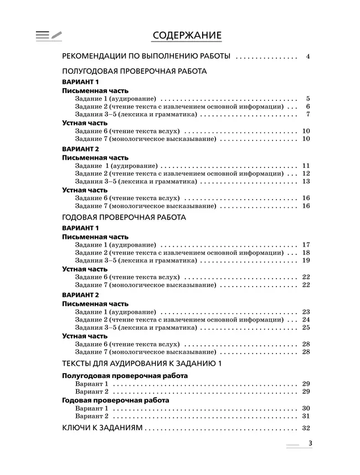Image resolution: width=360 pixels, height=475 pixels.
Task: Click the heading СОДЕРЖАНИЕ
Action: [186, 36]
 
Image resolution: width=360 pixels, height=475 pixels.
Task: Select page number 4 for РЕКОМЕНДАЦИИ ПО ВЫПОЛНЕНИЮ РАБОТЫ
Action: [307, 57]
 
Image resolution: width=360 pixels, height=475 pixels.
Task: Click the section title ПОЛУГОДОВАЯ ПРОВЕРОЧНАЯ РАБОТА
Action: [135, 71]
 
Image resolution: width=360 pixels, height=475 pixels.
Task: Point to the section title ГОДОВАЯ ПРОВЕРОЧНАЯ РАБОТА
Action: [124, 217]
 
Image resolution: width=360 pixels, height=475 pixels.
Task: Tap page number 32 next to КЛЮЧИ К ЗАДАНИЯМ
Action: [306, 428]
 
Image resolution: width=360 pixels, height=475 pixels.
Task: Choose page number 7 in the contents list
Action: [307, 114]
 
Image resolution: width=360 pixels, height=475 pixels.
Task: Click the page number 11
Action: [306, 166]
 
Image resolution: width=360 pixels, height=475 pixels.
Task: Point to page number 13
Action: [306, 182]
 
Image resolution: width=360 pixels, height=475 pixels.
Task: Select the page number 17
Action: [306, 244]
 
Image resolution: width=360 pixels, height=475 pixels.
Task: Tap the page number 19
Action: [306, 261]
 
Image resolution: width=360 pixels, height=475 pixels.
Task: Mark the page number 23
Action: [306, 311]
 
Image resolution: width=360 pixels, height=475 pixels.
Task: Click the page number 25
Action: [306, 328]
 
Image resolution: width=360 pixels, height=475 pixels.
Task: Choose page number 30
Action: [306, 408]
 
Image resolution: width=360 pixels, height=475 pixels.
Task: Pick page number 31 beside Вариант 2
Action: [306, 416]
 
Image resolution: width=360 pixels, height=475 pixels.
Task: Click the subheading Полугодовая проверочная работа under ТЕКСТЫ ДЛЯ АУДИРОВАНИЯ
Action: [125, 376]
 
